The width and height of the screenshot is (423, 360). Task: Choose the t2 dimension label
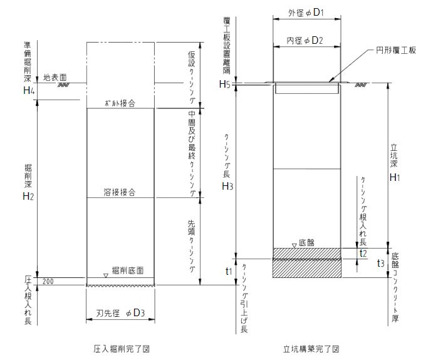pos(363,253)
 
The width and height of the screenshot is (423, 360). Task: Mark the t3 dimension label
pos(380,263)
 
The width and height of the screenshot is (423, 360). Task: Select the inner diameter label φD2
pos(307,41)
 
